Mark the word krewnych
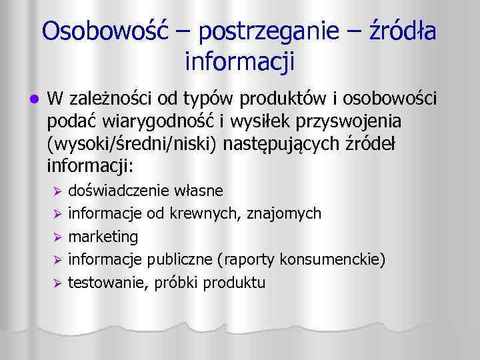click(x=211, y=213)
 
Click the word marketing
click(x=103, y=237)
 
